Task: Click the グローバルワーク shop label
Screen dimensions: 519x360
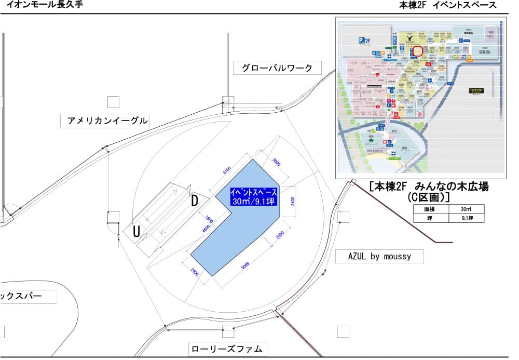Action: pos(277,68)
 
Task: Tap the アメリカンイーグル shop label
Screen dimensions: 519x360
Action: pos(107,122)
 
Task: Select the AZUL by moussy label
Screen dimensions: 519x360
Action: pos(380,257)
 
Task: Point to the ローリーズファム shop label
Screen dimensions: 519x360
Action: pos(228,348)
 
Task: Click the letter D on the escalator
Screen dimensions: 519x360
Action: pos(194,201)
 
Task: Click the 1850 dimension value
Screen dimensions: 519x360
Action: pos(209,220)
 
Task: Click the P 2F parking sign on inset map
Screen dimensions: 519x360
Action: pos(366,40)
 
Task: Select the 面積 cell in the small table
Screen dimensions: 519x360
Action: pos(430,209)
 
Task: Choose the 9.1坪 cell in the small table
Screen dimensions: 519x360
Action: pos(465,219)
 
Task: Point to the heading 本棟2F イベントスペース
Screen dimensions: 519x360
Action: pos(447,5)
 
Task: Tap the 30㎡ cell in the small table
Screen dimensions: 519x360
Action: pos(465,209)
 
